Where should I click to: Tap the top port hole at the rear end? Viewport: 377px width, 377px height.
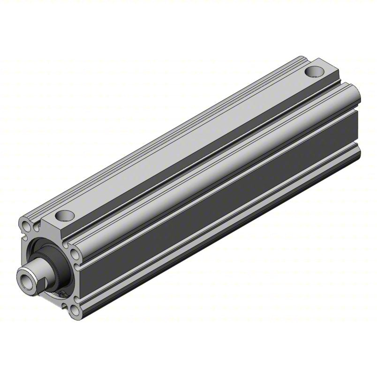pyautogui.click(x=314, y=72)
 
